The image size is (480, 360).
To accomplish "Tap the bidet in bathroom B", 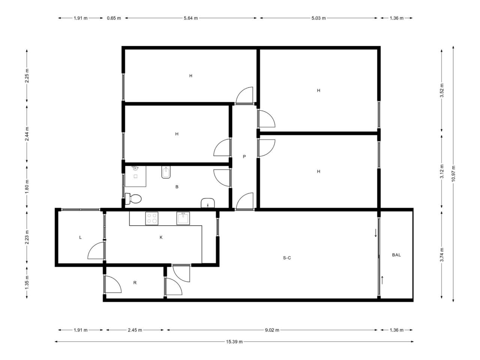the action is pos(166,172).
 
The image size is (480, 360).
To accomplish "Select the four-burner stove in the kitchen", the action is pos(152,218).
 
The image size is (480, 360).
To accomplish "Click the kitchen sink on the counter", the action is pos(183,218).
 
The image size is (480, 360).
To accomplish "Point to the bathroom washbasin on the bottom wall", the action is pos(207,203).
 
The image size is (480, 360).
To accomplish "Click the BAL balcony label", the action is pos(396,255).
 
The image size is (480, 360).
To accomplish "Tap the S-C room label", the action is pos(287,258).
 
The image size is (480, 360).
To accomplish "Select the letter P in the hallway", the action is pos(244,156).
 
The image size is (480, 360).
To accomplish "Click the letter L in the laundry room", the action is pos(80,237).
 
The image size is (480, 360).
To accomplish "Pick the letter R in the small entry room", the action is pos(135,283).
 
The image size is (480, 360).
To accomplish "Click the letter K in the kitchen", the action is pos(161,237).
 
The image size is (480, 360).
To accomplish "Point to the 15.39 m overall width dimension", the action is pos(234,342).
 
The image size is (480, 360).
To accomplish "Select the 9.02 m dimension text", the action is pos(272,330).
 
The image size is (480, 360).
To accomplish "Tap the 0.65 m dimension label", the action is pos(114,18).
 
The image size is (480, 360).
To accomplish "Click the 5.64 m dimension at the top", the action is pos(191,18).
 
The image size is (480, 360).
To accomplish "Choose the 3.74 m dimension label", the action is pos(442,255).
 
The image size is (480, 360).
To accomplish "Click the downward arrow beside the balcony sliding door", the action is pos(376,233).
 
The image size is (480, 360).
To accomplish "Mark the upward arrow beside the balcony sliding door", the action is pos(382,280).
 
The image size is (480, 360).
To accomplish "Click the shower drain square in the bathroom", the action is pos(136,176).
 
